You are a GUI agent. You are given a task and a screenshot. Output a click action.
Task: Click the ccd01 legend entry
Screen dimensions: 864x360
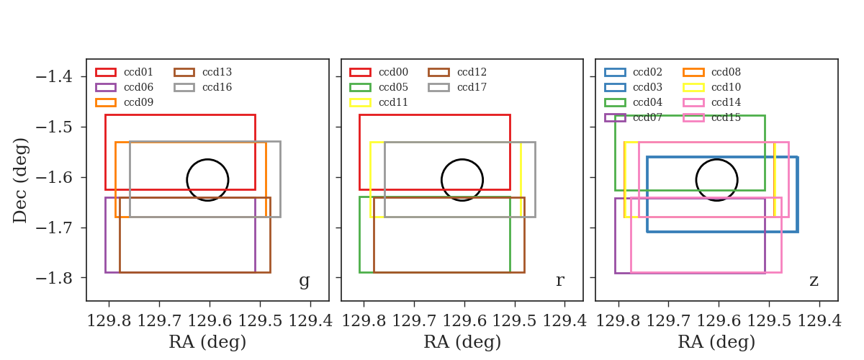(124, 72)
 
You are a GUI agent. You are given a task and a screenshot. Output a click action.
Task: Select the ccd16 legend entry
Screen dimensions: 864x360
(203, 87)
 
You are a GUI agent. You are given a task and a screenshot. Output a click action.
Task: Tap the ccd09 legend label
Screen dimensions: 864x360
(138, 102)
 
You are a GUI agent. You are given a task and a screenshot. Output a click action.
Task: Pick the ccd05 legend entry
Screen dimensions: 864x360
(379, 87)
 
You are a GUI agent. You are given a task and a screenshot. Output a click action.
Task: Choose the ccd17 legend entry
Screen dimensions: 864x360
(457, 87)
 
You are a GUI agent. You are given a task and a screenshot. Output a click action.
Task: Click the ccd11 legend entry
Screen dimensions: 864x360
(379, 102)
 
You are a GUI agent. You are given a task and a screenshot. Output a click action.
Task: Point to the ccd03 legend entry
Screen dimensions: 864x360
(634, 87)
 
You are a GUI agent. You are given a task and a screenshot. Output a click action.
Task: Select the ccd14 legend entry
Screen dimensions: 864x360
(712, 102)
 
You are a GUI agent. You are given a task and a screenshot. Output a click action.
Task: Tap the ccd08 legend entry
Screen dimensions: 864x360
(712, 72)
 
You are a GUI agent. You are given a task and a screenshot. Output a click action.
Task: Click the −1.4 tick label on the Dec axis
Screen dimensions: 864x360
(54, 77)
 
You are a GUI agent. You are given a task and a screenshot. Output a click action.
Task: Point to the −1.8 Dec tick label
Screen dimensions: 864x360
(54, 278)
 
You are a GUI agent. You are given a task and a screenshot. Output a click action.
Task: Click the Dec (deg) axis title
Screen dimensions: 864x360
(19, 180)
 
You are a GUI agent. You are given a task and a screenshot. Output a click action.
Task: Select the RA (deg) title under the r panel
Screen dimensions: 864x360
(462, 342)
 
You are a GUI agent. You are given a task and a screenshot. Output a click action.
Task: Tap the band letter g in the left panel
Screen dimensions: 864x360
(305, 281)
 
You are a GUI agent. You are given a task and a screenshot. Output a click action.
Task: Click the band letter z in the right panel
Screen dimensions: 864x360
(814, 281)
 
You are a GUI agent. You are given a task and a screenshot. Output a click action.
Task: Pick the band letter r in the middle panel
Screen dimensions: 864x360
(560, 281)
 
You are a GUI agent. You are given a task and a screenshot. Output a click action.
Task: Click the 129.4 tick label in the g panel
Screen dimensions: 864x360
(310, 320)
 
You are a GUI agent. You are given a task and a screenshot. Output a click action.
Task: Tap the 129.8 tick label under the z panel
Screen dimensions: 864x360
(618, 320)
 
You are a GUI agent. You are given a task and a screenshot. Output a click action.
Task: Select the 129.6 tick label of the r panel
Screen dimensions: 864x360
(464, 320)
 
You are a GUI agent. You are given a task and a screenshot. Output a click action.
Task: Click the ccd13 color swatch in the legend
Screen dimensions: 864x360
(184, 73)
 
